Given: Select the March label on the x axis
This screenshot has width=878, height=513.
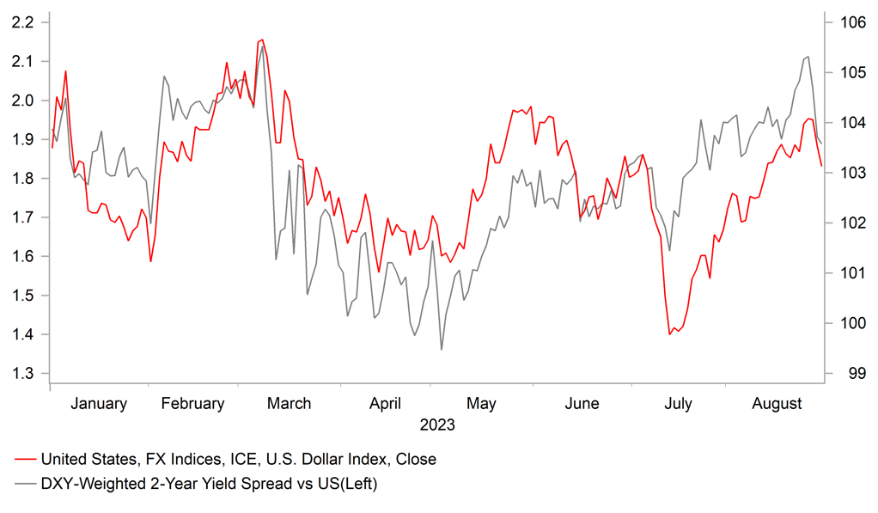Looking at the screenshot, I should [290, 404].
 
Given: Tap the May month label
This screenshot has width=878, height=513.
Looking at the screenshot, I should [481, 404].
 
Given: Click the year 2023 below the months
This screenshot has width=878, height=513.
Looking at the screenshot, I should [437, 424].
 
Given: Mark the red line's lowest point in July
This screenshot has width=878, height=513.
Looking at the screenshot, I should [670, 334].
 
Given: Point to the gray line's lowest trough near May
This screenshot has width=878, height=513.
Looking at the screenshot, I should [442, 350].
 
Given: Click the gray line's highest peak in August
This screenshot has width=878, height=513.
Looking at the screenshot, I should [808, 57].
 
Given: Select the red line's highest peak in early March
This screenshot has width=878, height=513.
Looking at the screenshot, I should [262, 40].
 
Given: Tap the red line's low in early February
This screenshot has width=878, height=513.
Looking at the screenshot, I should [150, 261].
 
